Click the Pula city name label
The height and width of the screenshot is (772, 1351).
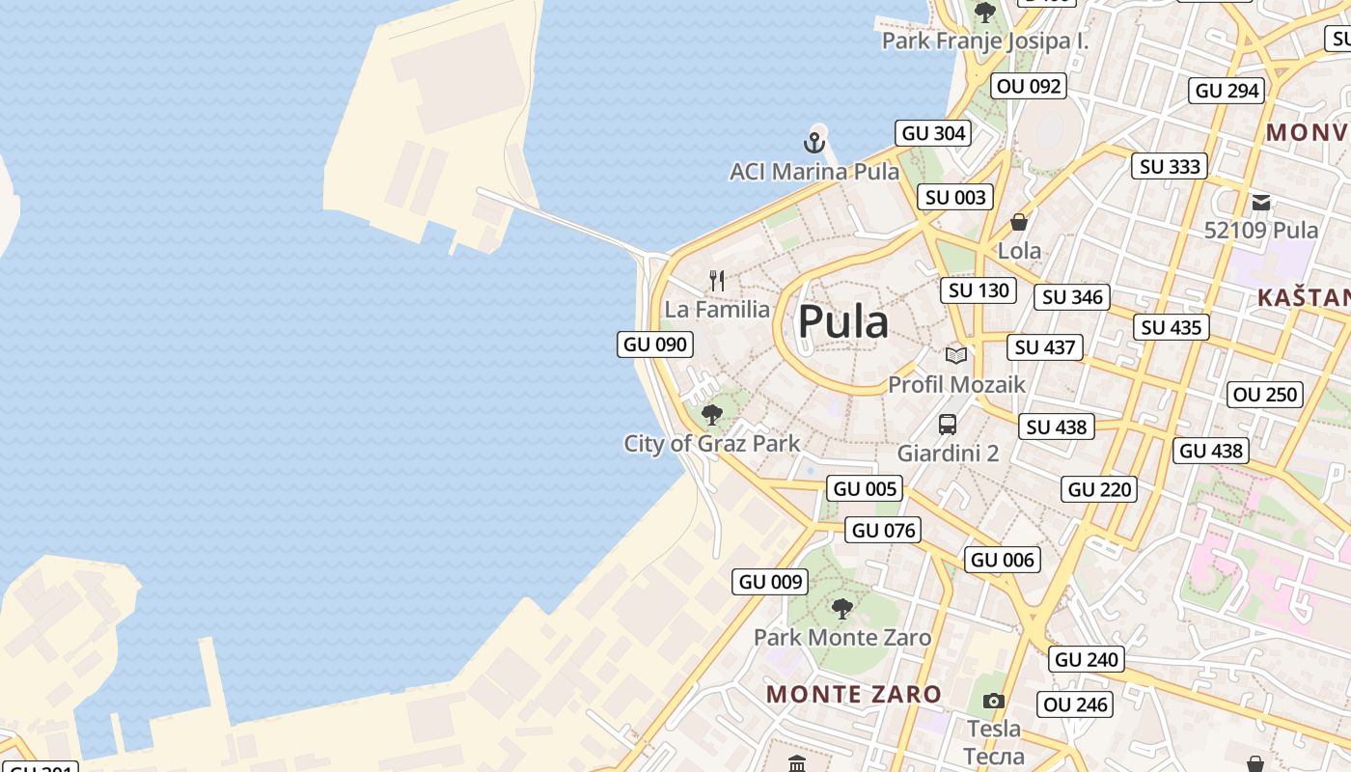pos(842,321)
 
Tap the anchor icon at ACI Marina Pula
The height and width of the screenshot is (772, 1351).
pos(814,144)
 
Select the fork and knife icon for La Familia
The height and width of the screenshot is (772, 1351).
pos(717,281)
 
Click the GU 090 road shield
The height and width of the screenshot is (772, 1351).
pos(655,345)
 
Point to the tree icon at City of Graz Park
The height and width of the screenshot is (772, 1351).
pos(712,415)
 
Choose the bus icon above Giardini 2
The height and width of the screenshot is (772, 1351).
pos(948,424)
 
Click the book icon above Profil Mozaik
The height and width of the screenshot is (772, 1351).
pos(956,355)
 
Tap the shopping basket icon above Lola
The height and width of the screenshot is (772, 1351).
pos(1019,222)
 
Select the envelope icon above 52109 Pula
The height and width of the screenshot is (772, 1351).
pos(1261,203)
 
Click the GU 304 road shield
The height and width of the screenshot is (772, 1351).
pos(933,133)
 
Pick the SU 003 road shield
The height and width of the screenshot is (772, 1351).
pos(955,198)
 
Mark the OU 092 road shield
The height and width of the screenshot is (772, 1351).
pos(1029,86)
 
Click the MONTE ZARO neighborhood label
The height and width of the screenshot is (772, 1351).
pos(854,694)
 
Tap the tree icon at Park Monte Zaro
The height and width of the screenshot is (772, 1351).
pos(842,609)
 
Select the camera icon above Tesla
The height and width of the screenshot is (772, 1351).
pos(994,701)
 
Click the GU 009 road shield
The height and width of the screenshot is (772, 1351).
pos(770,582)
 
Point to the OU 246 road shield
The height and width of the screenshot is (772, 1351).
pos(1075,704)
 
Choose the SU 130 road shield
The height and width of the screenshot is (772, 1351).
pos(979,290)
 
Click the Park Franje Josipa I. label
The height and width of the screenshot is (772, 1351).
pos(985,41)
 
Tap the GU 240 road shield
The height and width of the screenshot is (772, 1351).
pos(1087,660)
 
